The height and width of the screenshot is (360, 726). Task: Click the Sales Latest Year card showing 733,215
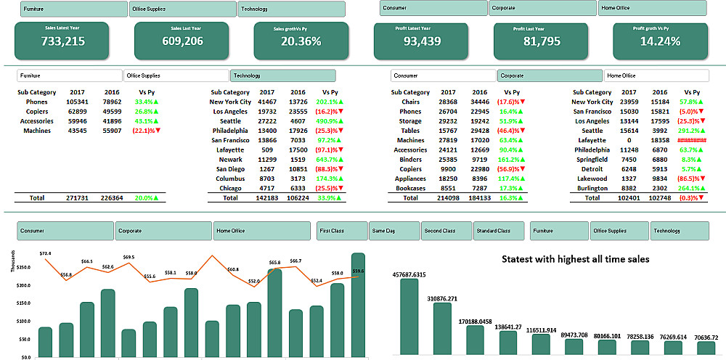pos(62,41)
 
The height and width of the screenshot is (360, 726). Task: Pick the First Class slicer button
pos(342,231)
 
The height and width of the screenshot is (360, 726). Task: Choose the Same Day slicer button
pos(394,231)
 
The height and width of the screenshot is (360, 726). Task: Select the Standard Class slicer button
pos(499,231)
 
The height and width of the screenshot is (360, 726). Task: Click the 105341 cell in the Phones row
pos(77,102)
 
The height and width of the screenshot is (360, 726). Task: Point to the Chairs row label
pos(409,102)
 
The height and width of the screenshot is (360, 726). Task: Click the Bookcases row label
pos(409,188)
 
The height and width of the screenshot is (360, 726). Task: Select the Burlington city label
pos(592,188)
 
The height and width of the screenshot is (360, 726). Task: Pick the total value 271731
pos(77,197)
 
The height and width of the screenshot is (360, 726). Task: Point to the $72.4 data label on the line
pos(45,253)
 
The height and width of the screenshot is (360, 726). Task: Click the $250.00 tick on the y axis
pos(22,268)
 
